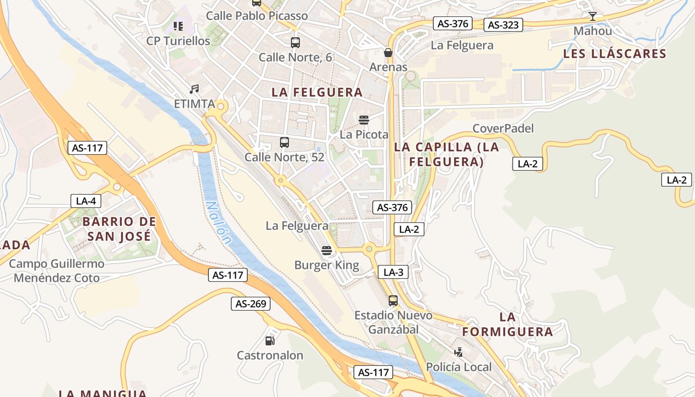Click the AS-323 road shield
[x=503, y=25]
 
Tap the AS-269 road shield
[x=251, y=304]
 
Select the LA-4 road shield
[x=86, y=201]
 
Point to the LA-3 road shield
[x=393, y=272]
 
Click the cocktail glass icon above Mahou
[x=592, y=16]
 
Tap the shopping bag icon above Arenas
[x=388, y=52]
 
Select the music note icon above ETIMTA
[x=194, y=89]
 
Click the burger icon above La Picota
[x=364, y=120]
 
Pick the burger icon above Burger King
[x=326, y=250]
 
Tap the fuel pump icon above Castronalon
[x=270, y=340]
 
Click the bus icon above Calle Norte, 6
[x=295, y=43]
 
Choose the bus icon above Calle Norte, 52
[x=284, y=142]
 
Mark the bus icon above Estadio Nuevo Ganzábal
[x=393, y=300]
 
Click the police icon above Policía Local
[x=459, y=352]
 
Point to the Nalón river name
[x=219, y=222]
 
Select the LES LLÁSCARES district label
[x=614, y=54]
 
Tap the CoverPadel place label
[x=503, y=129]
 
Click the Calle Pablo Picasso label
[x=257, y=15]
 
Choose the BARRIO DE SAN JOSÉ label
[x=119, y=229]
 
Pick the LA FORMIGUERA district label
[x=507, y=325]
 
